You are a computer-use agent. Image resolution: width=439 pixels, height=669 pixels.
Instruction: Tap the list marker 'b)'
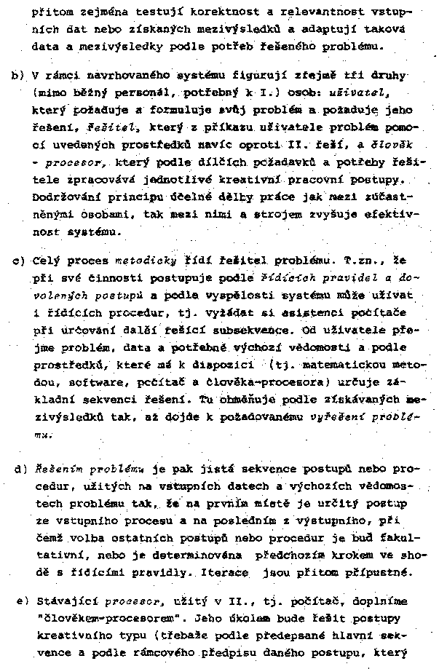pyautogui.click(x=17, y=76)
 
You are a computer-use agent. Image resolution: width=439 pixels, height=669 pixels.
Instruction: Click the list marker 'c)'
pyautogui.click(x=17, y=260)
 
